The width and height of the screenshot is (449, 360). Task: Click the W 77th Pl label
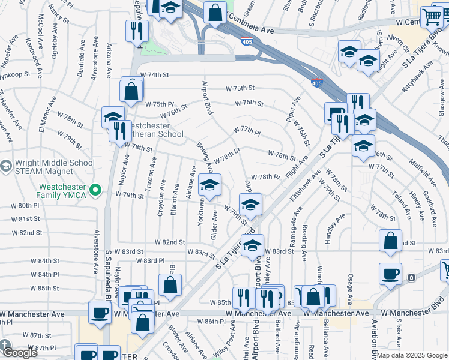(x=247, y=131)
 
